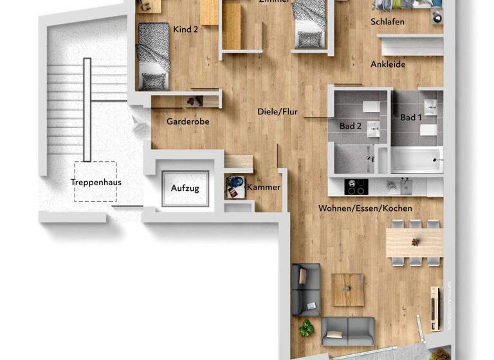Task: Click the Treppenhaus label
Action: pyautogui.click(x=96, y=182)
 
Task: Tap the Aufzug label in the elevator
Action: pyautogui.click(x=185, y=188)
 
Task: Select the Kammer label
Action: pyautogui.click(x=264, y=187)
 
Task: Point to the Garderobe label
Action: pyautogui.click(x=188, y=121)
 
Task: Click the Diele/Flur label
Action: pyautogui.click(x=277, y=111)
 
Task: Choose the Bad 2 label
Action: pyautogui.click(x=351, y=126)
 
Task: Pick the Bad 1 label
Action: pyautogui.click(x=411, y=118)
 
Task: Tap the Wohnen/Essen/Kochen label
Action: pyautogui.click(x=365, y=208)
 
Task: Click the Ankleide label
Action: pyautogui.click(x=388, y=64)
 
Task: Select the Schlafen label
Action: pyautogui.click(x=388, y=21)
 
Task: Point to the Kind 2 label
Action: pyautogui.click(x=185, y=29)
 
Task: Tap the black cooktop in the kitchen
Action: pyautogui.click(x=355, y=186)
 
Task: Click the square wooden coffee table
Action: pyautogui.click(x=348, y=290)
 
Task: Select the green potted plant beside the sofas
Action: pyautogui.click(x=306, y=328)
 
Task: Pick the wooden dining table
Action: pyautogui.click(x=414, y=243)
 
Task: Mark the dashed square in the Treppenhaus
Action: pyautogui.click(x=95, y=182)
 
